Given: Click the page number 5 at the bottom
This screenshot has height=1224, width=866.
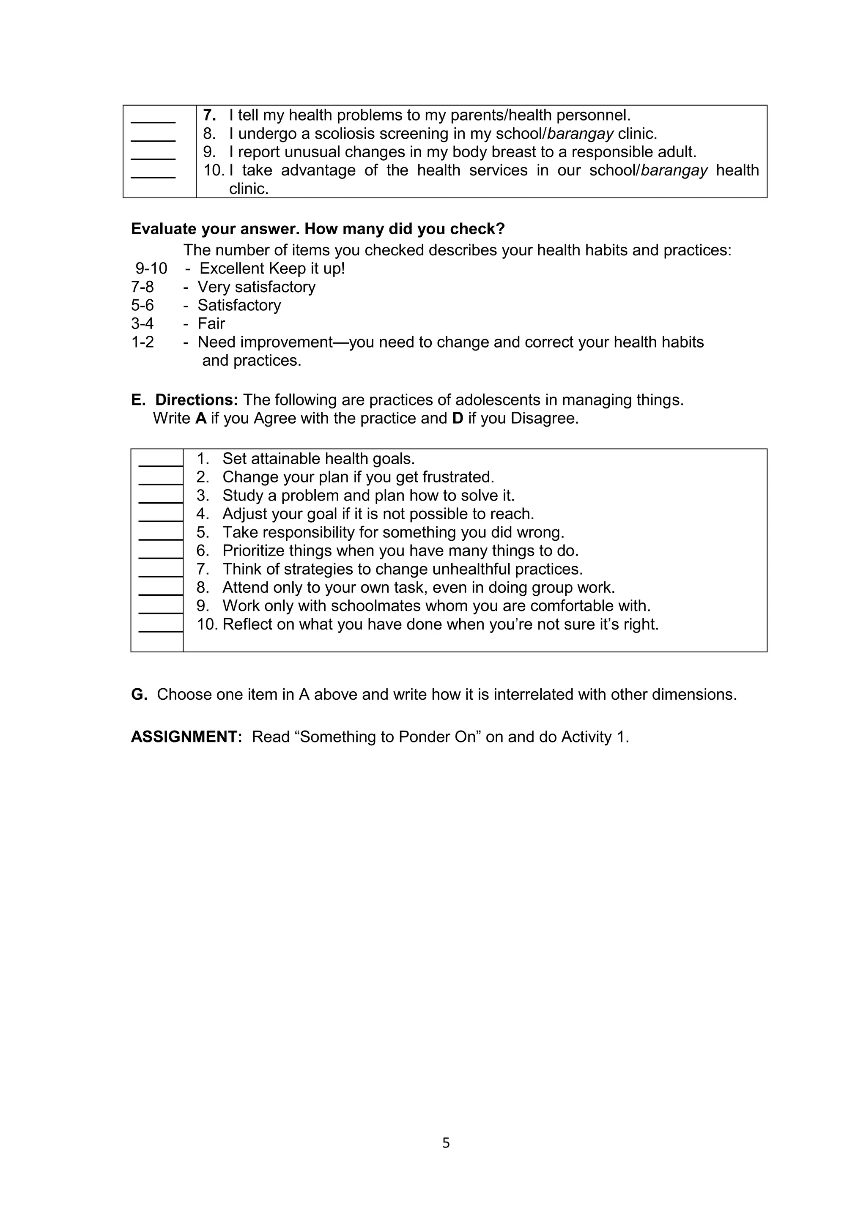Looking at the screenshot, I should (446, 1143).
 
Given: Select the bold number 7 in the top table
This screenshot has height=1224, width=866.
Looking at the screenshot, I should (209, 115).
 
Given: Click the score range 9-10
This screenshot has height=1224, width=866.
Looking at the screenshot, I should (151, 268).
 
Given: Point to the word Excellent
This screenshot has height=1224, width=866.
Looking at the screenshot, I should (233, 268).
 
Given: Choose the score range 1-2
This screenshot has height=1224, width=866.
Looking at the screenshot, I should (143, 342).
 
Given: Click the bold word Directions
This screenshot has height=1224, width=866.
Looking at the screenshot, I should (196, 400).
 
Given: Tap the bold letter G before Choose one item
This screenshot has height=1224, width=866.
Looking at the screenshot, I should (139, 695).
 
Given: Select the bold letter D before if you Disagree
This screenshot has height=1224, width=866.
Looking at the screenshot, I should (458, 418).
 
